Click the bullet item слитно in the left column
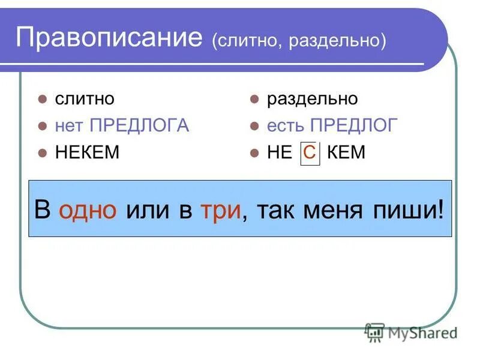[x=85, y=99]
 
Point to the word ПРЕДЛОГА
[x=139, y=125]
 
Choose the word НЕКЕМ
[x=88, y=152]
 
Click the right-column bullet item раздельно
[x=312, y=99]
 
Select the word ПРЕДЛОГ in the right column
[x=355, y=125]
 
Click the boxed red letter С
[x=310, y=152]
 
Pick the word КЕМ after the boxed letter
[x=347, y=152]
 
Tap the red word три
[x=222, y=211]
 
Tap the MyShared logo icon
[x=374, y=332]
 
